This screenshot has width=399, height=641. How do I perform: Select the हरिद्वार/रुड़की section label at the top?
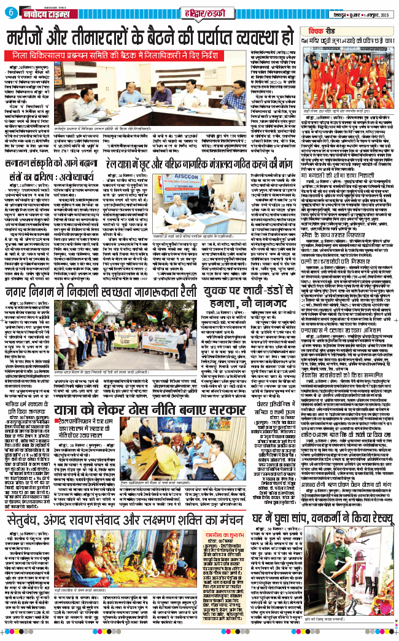click(x=199, y=11)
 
